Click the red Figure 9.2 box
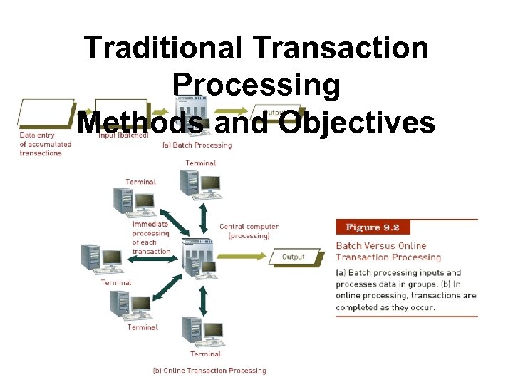[x=373, y=227]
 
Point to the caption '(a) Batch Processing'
[x=197, y=145]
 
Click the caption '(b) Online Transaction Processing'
[x=209, y=370]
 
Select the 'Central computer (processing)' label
[x=249, y=231]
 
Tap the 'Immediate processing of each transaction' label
[x=151, y=237]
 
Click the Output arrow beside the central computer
[x=292, y=257]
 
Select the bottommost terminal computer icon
[x=202, y=332]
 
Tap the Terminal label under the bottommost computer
[x=205, y=354]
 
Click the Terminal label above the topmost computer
[x=200, y=163]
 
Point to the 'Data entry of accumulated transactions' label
[x=45, y=143]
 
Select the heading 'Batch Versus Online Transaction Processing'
[x=388, y=252]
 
